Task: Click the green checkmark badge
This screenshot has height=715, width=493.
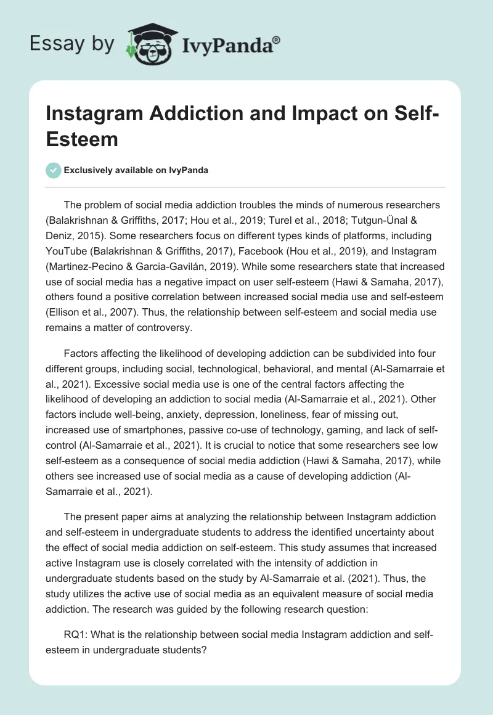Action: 54,170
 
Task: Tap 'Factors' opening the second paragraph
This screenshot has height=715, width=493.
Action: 81,355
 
